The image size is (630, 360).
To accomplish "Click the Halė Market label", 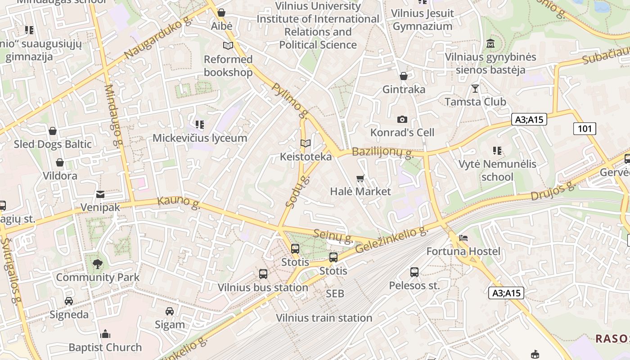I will tap(360, 191).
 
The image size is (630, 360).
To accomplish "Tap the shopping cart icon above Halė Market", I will tap(360, 179).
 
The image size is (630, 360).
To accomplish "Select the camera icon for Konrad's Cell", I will tap(402, 119).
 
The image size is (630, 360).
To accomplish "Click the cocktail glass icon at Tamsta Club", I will tap(475, 88).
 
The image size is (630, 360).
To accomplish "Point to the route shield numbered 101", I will tap(585, 129).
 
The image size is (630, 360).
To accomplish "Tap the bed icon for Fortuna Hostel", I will tap(463, 238).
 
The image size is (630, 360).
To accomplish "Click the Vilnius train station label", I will tap(324, 318).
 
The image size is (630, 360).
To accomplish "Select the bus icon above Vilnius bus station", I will tap(263, 274).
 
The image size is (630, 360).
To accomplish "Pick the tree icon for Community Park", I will tap(98, 264).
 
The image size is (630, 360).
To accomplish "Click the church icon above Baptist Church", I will tap(105, 334).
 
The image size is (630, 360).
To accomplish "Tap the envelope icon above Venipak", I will tap(100, 194).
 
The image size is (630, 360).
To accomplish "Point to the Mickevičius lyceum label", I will tap(200, 138).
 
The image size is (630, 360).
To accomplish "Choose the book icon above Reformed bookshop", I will tap(228, 46).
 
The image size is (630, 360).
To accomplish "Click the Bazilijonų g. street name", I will tap(383, 152).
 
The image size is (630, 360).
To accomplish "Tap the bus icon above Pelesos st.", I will tap(414, 272).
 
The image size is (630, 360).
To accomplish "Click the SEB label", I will tap(335, 293).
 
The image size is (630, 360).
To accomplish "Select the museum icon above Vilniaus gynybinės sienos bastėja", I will tap(490, 44).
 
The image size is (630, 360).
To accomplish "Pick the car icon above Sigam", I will tap(170, 311).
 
